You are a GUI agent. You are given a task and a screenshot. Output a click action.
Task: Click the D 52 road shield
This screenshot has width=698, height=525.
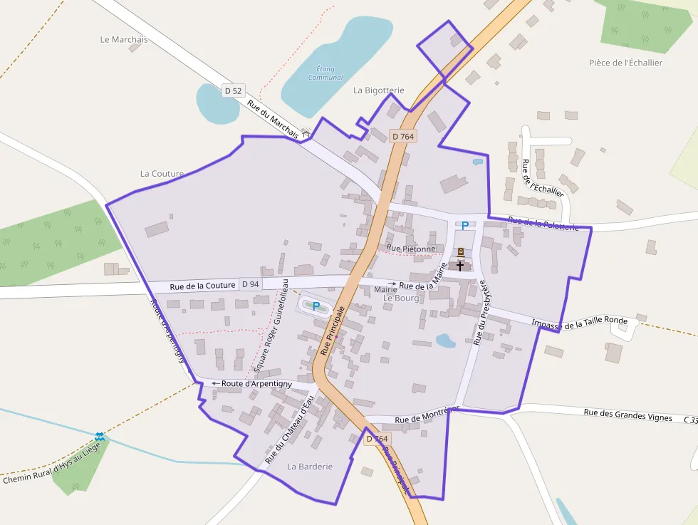[x=233, y=90]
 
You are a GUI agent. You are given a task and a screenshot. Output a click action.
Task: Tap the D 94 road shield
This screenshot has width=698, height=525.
[x=250, y=284]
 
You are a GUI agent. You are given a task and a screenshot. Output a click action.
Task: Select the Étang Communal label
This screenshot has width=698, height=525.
[x=325, y=73]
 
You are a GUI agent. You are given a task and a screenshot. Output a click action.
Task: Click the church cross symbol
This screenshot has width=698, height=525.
[x=460, y=266]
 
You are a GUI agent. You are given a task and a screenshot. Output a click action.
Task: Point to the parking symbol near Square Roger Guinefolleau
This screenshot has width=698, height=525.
[x=316, y=306]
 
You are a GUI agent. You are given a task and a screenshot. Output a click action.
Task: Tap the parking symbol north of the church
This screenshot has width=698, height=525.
[x=465, y=226]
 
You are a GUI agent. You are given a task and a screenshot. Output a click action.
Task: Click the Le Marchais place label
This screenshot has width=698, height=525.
[x=124, y=40]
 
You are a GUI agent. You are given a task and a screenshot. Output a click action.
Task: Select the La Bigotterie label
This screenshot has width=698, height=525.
[x=379, y=90]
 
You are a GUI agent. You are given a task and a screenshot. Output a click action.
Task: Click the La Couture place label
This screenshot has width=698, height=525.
[x=162, y=173]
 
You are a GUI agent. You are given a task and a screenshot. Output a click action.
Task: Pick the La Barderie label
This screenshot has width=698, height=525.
[x=310, y=467]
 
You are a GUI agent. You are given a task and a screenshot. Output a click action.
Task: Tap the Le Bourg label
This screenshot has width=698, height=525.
[x=401, y=298]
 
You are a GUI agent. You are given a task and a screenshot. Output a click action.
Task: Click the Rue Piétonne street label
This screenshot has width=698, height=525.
[x=410, y=249]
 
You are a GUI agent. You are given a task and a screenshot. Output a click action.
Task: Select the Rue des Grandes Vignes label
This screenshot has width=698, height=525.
[x=627, y=415]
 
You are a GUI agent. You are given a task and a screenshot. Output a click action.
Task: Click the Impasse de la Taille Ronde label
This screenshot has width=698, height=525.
[x=580, y=322]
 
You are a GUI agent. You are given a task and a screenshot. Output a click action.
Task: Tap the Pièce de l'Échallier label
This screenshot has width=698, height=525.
[x=625, y=63]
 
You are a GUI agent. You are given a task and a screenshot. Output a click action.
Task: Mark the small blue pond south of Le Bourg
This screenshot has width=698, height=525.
[x=445, y=341]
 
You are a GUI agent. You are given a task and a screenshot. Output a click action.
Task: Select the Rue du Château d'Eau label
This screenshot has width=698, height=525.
[x=289, y=431]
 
